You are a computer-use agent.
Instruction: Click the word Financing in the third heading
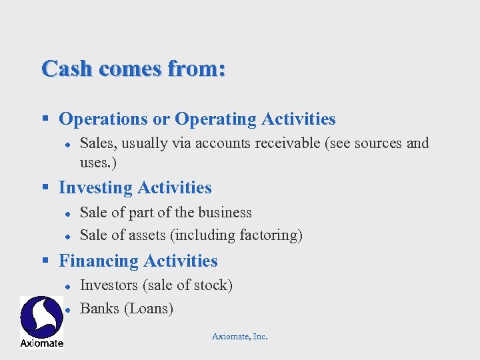pos(99,261)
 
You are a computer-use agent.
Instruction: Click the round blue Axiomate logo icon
pos(41,317)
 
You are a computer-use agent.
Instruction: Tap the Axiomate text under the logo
pos(41,343)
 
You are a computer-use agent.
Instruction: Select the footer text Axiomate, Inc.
pos(239,337)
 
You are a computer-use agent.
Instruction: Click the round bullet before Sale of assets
pos(67,236)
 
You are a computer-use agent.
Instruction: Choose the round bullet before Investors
pos(67,286)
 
